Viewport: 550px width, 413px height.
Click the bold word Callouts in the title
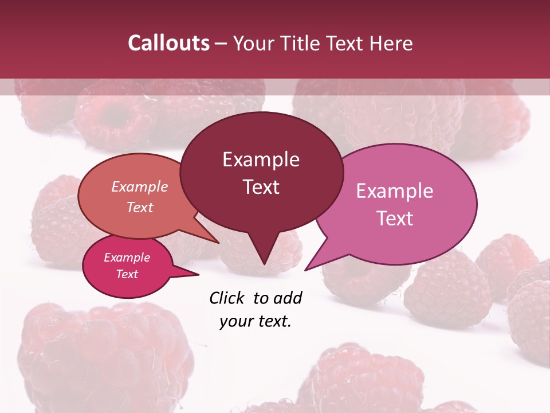coord(168,43)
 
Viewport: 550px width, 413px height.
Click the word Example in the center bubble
coord(261,159)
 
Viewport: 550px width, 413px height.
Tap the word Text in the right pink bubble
coord(395,219)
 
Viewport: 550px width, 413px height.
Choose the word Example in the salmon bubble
coord(140,186)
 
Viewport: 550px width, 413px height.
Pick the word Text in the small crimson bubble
coord(127,274)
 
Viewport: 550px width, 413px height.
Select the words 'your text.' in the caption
coord(256,321)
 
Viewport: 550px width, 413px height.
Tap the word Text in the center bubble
coord(261,187)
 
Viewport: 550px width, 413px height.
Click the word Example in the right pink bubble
coord(395,190)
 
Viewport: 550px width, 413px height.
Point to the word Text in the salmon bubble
coord(140,207)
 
